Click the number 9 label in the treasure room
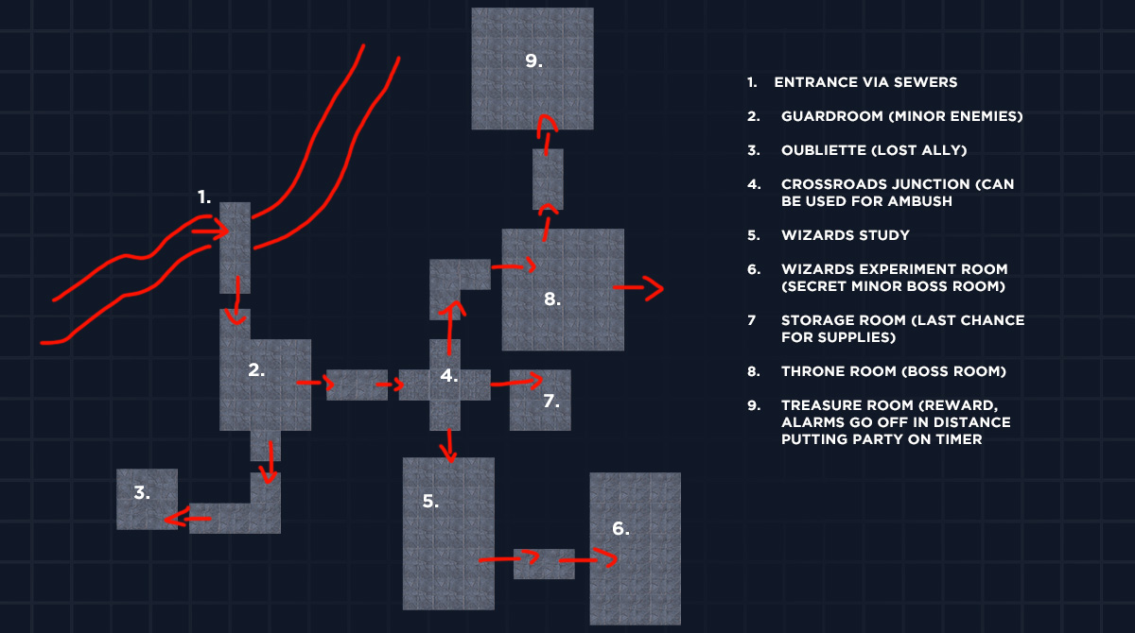click(533, 61)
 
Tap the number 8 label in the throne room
click(553, 299)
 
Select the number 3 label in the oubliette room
click(142, 492)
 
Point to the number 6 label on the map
click(620, 529)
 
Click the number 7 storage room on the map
click(550, 401)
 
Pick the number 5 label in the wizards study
click(430, 502)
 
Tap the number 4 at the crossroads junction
click(449, 376)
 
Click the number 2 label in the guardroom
click(256, 370)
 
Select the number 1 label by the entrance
click(204, 197)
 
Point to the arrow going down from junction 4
click(448, 444)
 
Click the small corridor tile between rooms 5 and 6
click(544, 563)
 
